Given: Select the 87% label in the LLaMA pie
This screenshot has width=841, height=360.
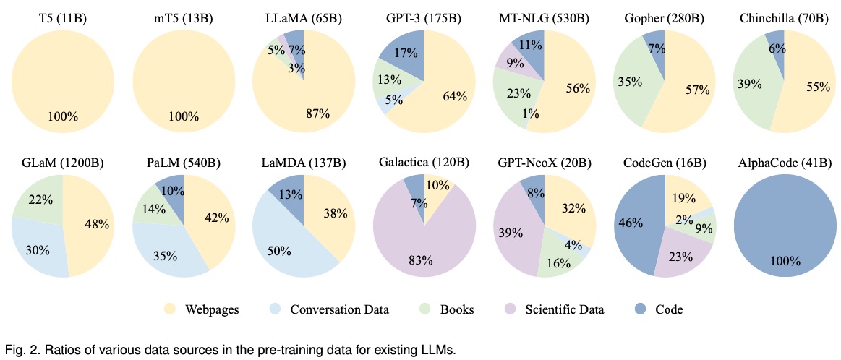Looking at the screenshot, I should [317, 113].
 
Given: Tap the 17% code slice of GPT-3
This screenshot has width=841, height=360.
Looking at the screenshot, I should [405, 53].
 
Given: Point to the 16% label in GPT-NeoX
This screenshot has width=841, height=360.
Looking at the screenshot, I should [558, 262].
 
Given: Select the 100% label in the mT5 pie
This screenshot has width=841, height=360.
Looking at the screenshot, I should [183, 115].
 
